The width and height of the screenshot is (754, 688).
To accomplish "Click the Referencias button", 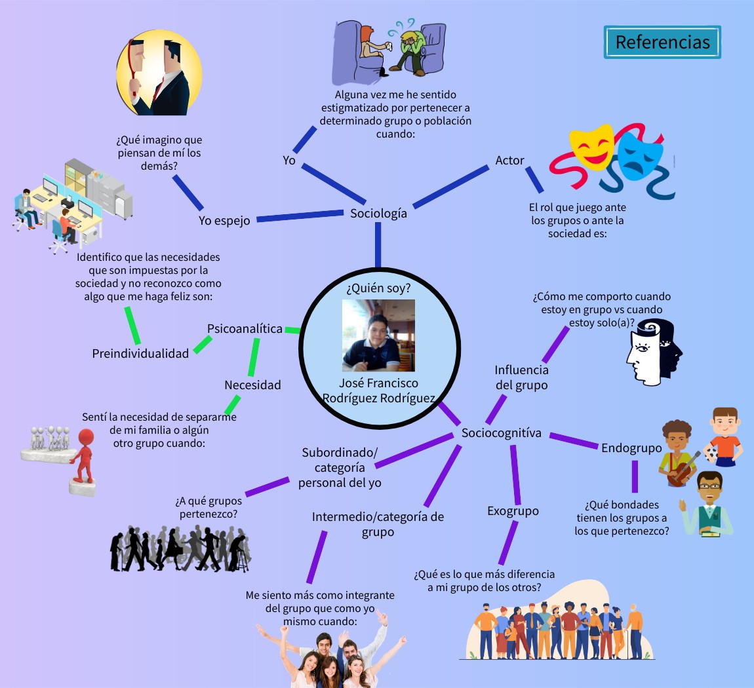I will (x=662, y=43).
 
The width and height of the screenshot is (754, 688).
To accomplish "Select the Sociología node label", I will (x=378, y=214).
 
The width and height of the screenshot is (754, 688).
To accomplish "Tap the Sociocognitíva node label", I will (x=502, y=433).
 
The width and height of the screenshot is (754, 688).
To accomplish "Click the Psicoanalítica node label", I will (x=245, y=329).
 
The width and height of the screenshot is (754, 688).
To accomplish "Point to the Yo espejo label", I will (x=224, y=221).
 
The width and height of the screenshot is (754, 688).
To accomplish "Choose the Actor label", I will (x=509, y=161).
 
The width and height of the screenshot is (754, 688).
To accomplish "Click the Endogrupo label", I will (x=631, y=448).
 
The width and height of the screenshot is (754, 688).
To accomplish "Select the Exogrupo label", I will (x=513, y=511).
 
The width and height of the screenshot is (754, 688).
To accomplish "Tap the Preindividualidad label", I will (x=140, y=354).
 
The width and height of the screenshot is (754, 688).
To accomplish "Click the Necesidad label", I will (x=252, y=385).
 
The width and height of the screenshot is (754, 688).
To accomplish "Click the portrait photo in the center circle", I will (x=378, y=335).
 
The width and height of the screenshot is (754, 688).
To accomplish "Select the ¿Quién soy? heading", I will (x=378, y=288).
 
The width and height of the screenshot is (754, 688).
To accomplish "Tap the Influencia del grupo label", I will (x=521, y=377).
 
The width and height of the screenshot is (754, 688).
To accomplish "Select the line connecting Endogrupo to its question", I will (x=635, y=476).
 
